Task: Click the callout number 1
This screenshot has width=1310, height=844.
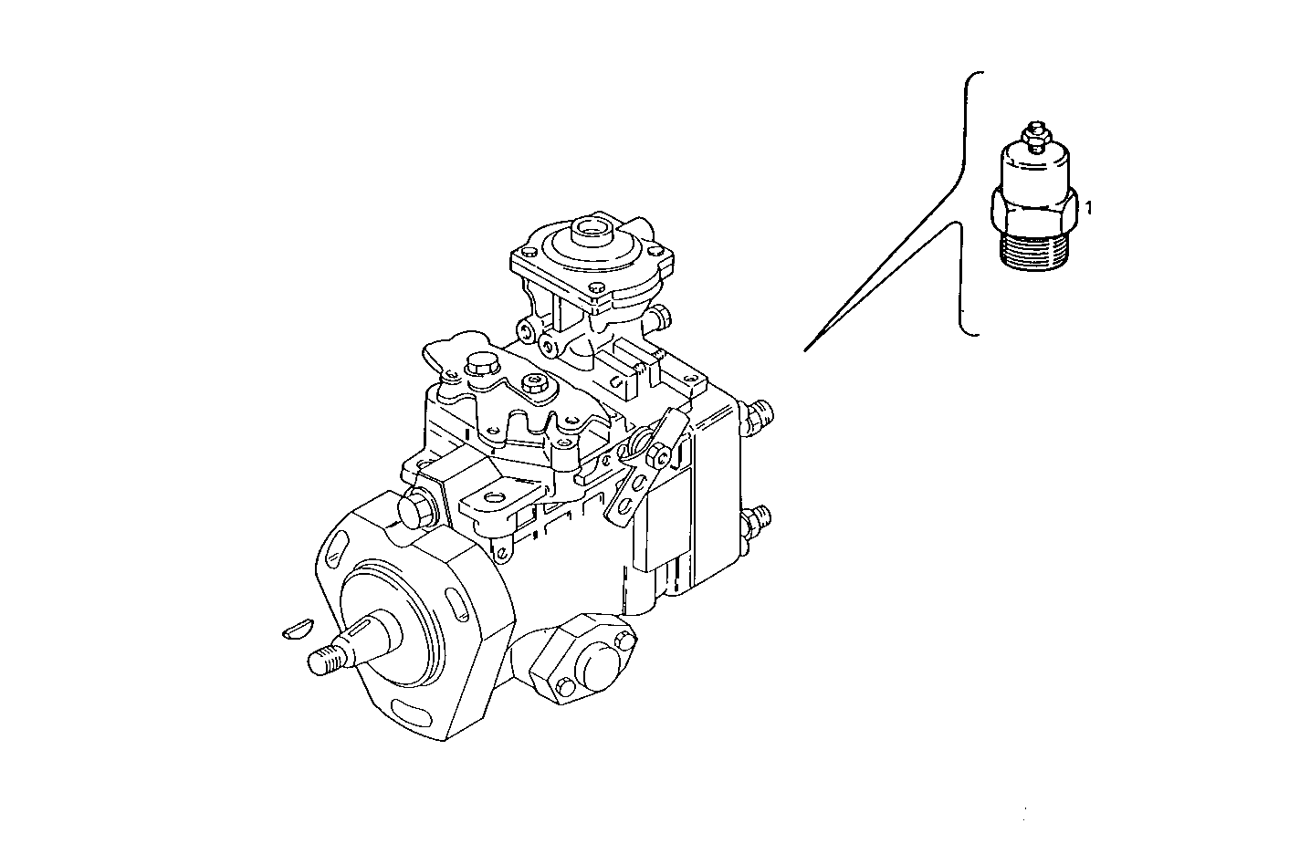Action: (x=1087, y=208)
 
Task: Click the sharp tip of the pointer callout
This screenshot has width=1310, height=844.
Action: (x=805, y=349)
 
